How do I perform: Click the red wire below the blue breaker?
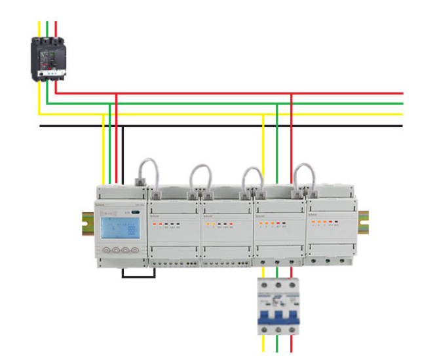coord(291,345)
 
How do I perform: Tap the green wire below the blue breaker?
coord(276,345)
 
